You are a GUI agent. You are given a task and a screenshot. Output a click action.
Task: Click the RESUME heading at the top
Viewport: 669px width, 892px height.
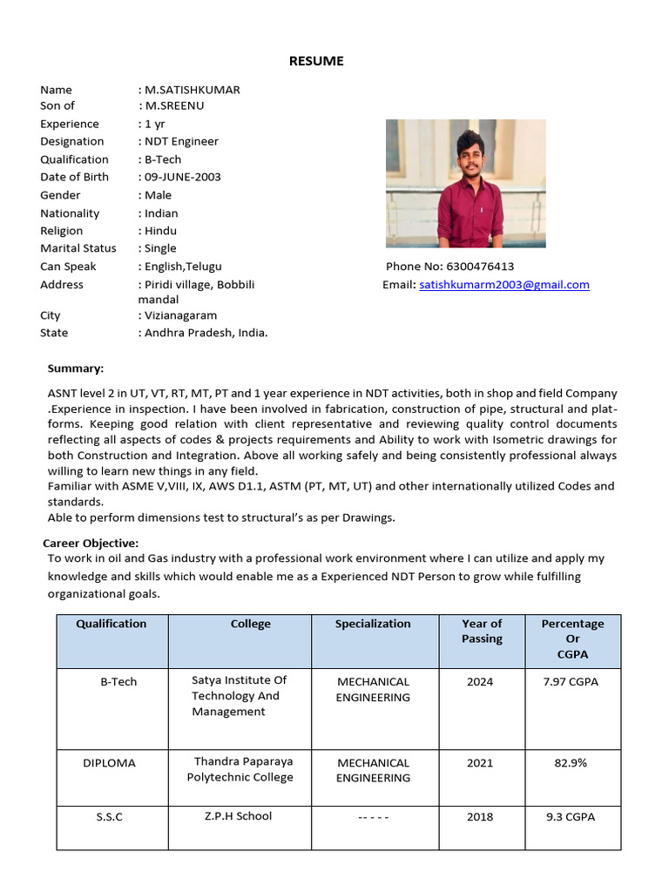click(x=316, y=61)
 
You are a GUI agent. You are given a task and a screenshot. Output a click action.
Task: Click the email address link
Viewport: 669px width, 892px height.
click(x=503, y=285)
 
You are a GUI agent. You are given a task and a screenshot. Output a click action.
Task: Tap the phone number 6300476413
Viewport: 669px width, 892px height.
click(x=479, y=267)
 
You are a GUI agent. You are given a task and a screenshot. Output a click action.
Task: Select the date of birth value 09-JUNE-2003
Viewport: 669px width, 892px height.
click(x=183, y=177)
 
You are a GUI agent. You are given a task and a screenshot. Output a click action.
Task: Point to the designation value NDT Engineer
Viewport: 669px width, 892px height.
click(x=181, y=141)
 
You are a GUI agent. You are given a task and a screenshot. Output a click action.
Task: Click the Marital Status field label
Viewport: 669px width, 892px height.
click(x=78, y=248)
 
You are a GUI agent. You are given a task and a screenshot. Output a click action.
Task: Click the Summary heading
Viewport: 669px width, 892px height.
click(x=75, y=368)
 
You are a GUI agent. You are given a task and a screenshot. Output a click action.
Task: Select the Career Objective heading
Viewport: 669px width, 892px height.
click(x=91, y=543)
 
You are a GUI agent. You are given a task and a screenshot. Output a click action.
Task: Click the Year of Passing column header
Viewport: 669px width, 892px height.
click(x=482, y=632)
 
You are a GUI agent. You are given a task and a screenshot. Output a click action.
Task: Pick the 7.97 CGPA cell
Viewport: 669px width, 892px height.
click(x=572, y=682)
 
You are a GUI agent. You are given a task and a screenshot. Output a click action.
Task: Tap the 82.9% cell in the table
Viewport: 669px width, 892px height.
click(x=571, y=763)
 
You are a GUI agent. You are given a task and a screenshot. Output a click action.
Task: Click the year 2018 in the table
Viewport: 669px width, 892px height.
click(x=480, y=817)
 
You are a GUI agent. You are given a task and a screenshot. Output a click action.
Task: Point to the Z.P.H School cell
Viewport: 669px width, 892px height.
click(x=238, y=816)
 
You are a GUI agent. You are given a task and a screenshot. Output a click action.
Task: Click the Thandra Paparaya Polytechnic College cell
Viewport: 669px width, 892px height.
click(x=240, y=770)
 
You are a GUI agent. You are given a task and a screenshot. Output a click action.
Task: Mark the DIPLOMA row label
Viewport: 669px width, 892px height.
click(x=110, y=763)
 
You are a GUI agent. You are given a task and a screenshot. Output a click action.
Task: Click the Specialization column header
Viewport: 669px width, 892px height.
click(x=373, y=624)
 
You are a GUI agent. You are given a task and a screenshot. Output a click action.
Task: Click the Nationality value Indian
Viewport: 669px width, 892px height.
click(x=161, y=213)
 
